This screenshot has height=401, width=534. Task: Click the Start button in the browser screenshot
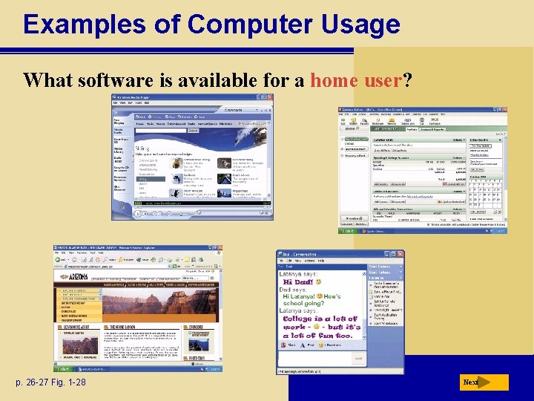tap(64, 368)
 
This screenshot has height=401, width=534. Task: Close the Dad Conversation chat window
tap(400, 254)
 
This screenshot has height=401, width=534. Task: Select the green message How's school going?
tap(311, 301)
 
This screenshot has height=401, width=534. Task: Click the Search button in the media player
tap(193, 130)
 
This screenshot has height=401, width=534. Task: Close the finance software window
tap(504, 110)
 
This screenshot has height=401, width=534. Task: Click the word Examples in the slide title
tap(84, 24)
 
